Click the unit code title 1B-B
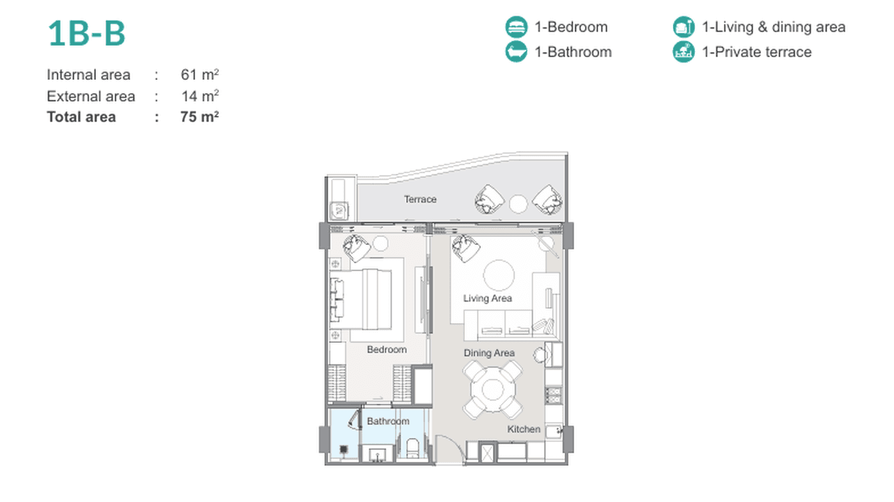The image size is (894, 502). point(87,33)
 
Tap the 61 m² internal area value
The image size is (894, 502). point(200,75)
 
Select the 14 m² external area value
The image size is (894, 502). point(200,96)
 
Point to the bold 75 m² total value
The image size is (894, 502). point(199,117)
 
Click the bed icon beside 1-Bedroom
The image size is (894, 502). point(516,27)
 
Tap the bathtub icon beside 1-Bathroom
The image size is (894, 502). point(516,52)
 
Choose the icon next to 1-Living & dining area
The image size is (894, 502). point(683,27)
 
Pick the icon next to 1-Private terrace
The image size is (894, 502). point(683,52)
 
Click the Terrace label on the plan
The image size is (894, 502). point(420,199)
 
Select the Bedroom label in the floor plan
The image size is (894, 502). point(387,350)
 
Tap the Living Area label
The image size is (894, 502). point(488,298)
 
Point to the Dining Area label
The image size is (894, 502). point(489,353)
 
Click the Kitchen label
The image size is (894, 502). point(524,429)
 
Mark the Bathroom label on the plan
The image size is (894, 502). point(388,421)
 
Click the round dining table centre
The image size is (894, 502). point(493,389)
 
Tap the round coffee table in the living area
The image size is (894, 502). point(499,275)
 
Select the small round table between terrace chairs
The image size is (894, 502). point(518,204)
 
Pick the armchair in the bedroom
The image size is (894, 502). point(356,248)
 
